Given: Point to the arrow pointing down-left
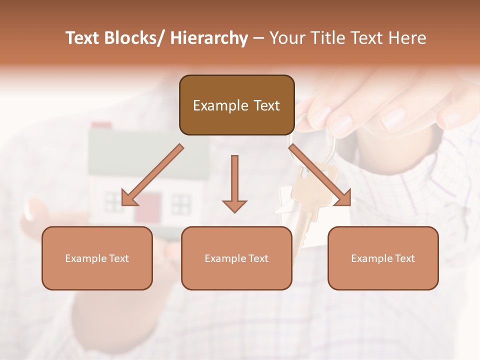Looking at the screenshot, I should (150, 176).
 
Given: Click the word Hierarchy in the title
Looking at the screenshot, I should (209, 38).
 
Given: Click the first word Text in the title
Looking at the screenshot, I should (83, 38).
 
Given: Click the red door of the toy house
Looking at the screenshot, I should (147, 206).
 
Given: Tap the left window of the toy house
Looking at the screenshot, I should (113, 202).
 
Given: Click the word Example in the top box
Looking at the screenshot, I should (213, 105).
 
